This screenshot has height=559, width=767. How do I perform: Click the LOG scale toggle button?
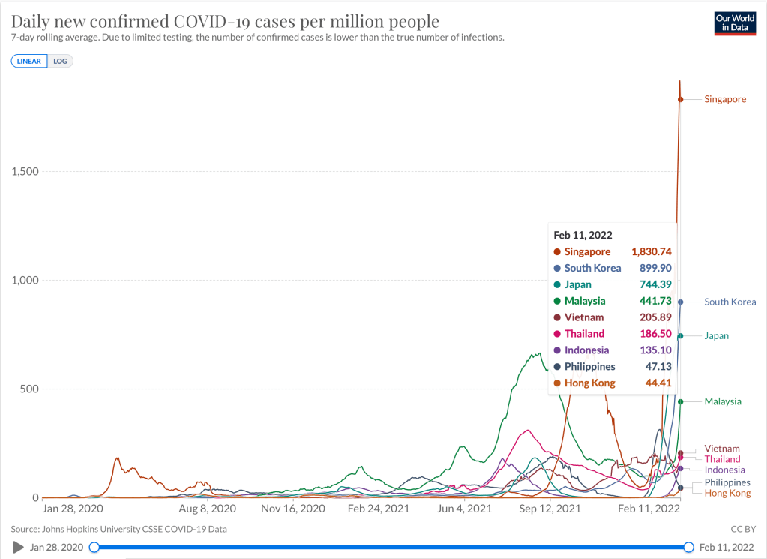click(61, 61)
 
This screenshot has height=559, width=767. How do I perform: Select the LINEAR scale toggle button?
click(29, 61)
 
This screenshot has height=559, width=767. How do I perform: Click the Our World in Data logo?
click(734, 23)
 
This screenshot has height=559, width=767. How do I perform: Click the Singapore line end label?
click(725, 99)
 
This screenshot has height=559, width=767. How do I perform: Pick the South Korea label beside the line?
click(730, 302)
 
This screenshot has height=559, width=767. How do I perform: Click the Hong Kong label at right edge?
click(727, 493)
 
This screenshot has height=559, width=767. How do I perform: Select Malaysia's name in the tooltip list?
click(586, 301)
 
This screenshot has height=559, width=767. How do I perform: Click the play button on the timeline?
click(18, 547)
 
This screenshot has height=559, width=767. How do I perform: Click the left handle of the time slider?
click(94, 547)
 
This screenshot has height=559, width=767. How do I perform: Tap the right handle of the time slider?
click(688, 547)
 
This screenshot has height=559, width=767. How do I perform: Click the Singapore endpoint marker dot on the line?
click(680, 99)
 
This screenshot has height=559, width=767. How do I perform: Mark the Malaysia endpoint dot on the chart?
click(680, 401)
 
